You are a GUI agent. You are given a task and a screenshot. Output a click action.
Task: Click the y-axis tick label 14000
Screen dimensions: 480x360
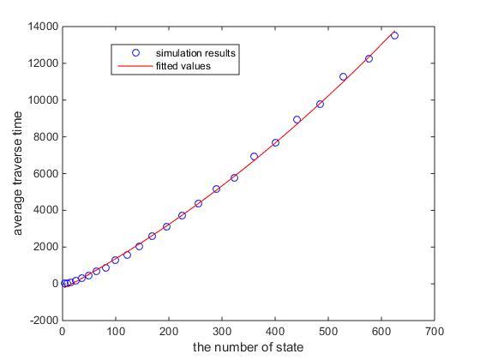(43, 27)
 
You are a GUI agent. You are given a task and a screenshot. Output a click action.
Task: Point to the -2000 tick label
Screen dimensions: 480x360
(44, 321)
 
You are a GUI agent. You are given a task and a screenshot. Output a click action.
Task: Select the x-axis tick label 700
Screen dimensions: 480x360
(435, 331)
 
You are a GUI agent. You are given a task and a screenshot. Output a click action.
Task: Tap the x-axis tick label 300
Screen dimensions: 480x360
(222, 331)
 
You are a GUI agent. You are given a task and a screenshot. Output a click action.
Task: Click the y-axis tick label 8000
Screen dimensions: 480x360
(45, 137)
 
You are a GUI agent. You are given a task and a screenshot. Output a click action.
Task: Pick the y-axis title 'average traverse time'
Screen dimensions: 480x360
(17, 173)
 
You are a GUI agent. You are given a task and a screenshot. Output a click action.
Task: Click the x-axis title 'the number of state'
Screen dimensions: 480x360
(249, 347)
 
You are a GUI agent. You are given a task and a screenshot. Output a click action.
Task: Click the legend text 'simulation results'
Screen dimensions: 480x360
(195, 53)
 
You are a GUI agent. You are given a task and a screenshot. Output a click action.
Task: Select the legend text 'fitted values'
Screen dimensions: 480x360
(183, 66)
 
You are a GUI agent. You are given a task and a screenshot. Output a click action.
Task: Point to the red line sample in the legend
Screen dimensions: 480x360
(135, 66)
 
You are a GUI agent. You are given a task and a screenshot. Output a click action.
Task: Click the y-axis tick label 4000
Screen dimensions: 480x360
(45, 210)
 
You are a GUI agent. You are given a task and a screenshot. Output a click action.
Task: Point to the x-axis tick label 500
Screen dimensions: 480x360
(328, 331)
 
